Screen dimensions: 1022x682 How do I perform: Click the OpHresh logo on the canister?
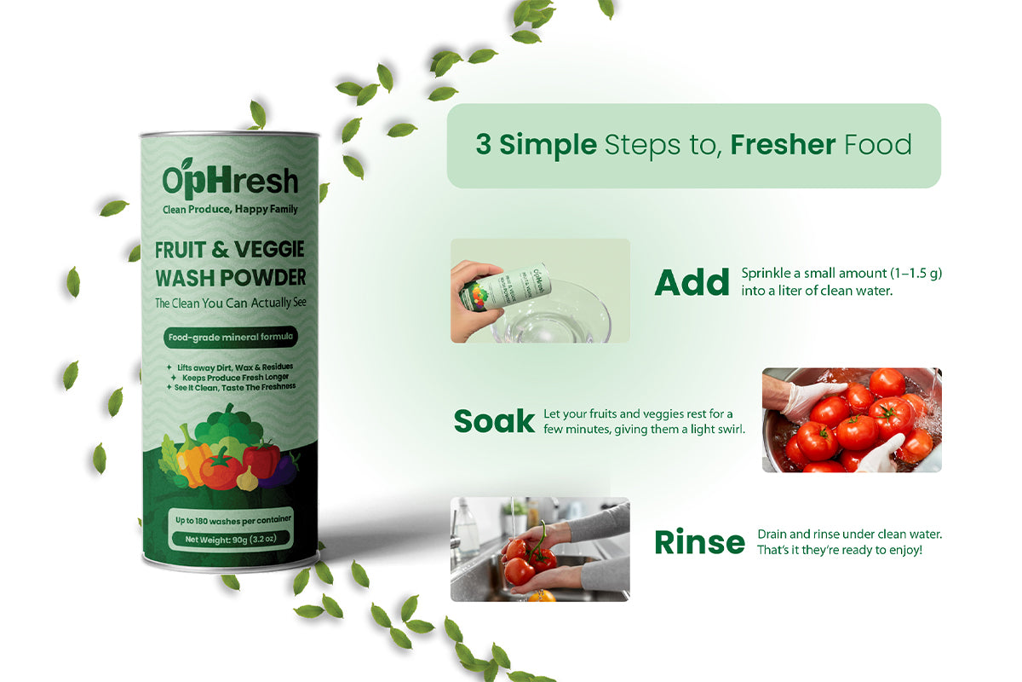point(230,179)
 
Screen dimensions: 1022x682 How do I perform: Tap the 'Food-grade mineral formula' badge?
point(231,337)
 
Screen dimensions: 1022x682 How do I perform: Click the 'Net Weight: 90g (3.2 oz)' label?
point(231,539)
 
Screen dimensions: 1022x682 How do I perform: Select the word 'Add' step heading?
point(692,282)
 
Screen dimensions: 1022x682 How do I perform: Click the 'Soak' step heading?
point(494,421)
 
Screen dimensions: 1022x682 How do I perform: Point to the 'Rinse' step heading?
point(699,541)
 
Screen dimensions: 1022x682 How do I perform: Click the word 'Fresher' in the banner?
point(783,144)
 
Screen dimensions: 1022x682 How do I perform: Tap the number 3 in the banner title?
point(483,144)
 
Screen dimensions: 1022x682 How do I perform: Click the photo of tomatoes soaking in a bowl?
point(852,419)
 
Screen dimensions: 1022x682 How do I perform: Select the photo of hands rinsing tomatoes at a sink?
point(540,549)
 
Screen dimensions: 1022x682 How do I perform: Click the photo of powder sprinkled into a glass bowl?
point(540,291)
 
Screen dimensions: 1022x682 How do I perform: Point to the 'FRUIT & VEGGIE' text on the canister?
point(229,250)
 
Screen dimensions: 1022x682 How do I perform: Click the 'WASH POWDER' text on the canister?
point(231,277)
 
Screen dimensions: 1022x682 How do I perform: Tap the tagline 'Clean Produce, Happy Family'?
point(230,210)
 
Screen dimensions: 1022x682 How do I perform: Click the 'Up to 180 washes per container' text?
point(233,520)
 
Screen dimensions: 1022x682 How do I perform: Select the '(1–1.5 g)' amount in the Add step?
point(916,273)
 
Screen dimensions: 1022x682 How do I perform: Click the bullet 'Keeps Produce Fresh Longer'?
point(235,378)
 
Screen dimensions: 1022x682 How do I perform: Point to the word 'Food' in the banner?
point(878,144)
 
